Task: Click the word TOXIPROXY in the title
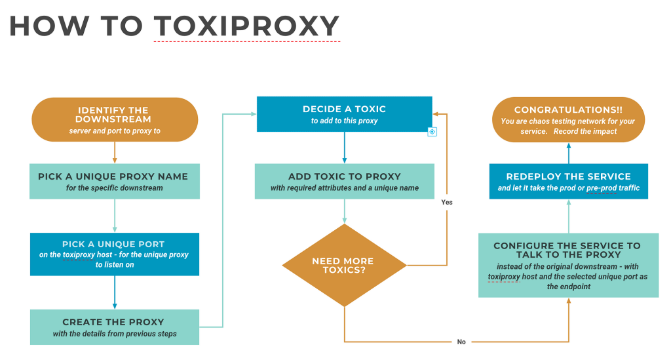[246, 26]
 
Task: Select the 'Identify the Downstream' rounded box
[115, 119]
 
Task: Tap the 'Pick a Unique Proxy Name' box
[114, 181]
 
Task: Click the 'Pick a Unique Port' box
[114, 254]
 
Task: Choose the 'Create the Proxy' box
[114, 327]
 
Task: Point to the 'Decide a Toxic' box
[345, 114]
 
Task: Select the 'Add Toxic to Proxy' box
[345, 181]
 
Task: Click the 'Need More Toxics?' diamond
[344, 266]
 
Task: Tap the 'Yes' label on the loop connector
[447, 202]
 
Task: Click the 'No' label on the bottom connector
[461, 342]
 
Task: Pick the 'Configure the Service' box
[568, 266]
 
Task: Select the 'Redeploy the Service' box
[569, 181]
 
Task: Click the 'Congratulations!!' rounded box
[568, 119]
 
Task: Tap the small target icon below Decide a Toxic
[432, 132]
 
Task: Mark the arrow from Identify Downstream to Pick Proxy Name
[115, 152]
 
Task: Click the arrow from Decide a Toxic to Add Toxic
[345, 148]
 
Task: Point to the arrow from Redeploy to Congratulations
[569, 153]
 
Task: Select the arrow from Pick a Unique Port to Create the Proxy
[115, 292]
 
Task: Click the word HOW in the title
[48, 26]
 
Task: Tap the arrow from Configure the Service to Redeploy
[569, 216]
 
